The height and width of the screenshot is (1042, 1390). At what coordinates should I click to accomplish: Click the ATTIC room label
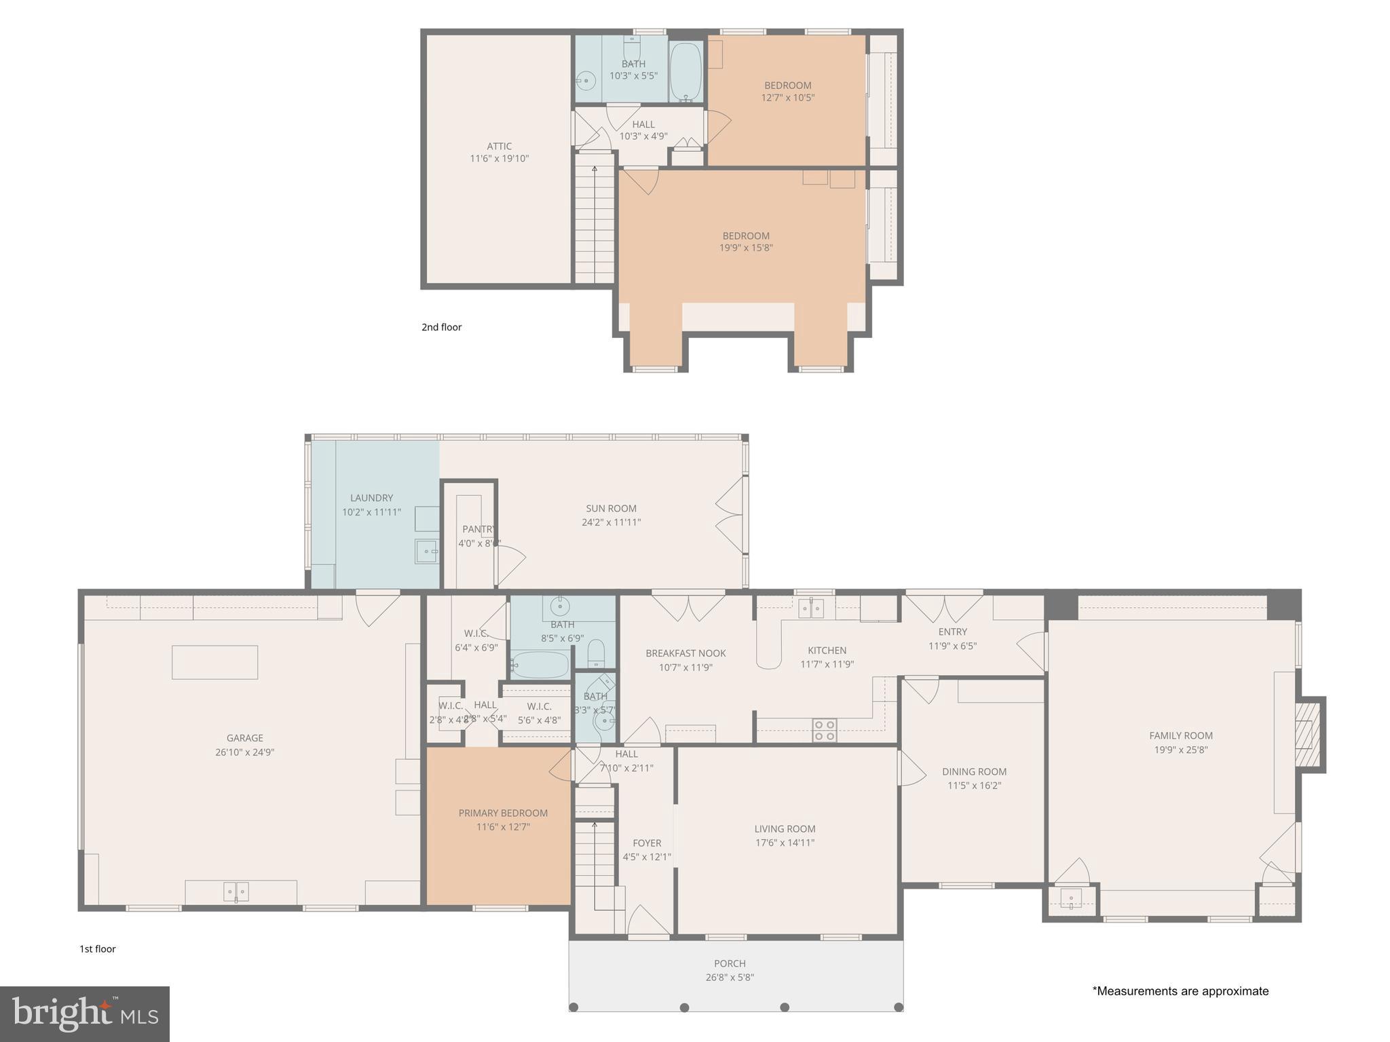[x=499, y=146]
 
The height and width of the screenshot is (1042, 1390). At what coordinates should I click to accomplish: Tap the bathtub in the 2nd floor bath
[x=685, y=73]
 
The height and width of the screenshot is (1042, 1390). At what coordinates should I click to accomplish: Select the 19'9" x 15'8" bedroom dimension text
[x=746, y=248]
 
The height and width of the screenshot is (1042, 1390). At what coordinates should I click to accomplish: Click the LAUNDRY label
[x=371, y=497]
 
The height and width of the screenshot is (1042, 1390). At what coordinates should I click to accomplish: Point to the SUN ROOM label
[x=611, y=508]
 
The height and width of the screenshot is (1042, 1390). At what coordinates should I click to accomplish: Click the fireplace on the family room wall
[x=1309, y=734]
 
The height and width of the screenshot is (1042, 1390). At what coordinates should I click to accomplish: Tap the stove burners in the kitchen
[x=825, y=730]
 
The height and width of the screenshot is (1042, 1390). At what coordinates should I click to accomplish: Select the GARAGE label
[x=244, y=737]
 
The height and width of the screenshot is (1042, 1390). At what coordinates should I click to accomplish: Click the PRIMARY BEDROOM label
[x=503, y=813]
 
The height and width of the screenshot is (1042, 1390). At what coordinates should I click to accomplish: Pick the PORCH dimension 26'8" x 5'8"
[x=730, y=978]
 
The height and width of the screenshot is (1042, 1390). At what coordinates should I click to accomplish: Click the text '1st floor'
[x=98, y=949]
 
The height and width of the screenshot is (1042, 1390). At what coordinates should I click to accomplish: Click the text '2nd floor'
[x=441, y=327]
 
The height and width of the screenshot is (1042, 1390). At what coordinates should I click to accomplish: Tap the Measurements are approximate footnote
[x=1180, y=991]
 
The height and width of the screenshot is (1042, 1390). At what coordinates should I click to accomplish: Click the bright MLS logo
[x=85, y=1014]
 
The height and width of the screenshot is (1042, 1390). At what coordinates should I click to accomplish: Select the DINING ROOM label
[x=974, y=771]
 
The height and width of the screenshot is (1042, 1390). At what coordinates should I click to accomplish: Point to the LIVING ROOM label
[x=785, y=828]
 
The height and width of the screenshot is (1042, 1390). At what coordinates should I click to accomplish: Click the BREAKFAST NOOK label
[x=685, y=653]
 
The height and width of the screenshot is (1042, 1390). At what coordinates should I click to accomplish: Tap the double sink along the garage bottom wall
[x=236, y=891]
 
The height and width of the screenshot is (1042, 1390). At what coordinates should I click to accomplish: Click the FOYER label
[x=647, y=843]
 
